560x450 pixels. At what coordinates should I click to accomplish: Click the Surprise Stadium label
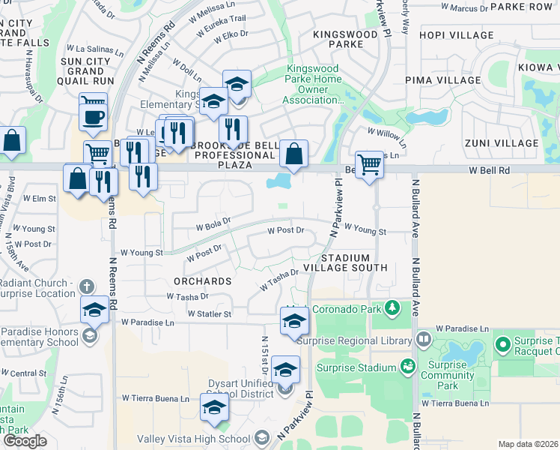[356, 367]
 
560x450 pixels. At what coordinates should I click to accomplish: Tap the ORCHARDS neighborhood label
[202, 281]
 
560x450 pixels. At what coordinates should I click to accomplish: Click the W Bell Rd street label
[489, 171]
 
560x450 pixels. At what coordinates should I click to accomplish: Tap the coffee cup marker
[93, 118]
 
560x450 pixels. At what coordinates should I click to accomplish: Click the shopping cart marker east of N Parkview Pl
[369, 163]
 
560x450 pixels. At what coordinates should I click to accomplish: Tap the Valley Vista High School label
[193, 439]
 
